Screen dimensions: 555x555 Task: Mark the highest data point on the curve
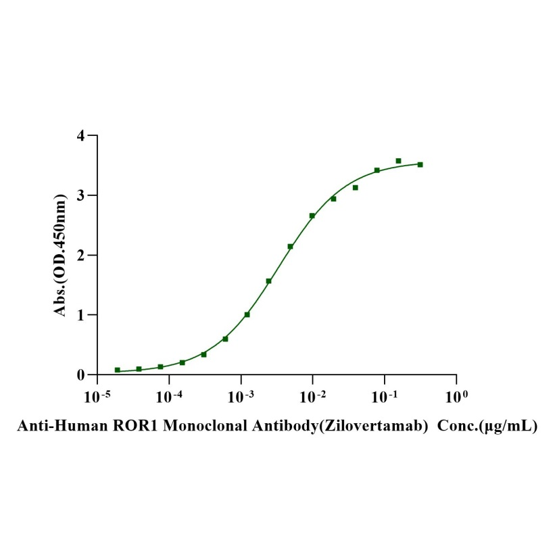coord(398,161)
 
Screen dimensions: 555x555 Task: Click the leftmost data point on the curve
coord(118,370)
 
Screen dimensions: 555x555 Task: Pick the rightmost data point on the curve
coord(420,164)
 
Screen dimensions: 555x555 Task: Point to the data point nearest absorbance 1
coord(247,314)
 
